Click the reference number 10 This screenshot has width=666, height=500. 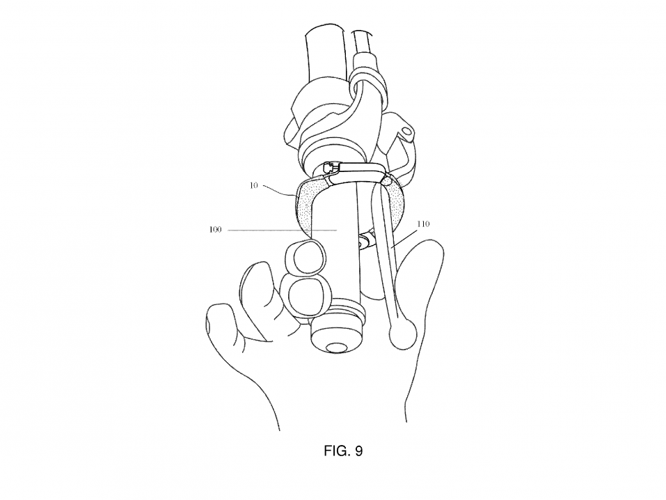tap(253, 186)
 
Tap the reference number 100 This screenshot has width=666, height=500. tap(215, 230)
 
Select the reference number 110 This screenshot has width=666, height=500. tap(423, 224)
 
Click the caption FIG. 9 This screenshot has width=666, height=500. tap(343, 451)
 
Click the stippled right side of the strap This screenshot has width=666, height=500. tap(396, 203)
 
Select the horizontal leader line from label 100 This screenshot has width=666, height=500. tap(283, 231)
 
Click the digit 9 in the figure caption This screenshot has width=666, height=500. tap(359, 451)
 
